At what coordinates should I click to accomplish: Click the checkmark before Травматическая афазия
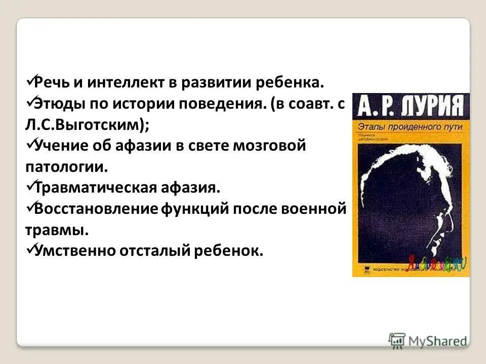click(x=29, y=186)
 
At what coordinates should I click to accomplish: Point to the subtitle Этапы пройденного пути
click(x=410, y=127)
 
